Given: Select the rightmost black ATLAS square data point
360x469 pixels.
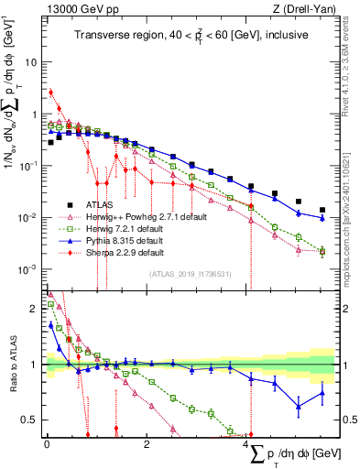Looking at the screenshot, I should [322, 210].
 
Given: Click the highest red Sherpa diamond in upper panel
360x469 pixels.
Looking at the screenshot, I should [51, 92].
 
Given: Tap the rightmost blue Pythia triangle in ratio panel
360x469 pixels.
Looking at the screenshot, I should [322, 394].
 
